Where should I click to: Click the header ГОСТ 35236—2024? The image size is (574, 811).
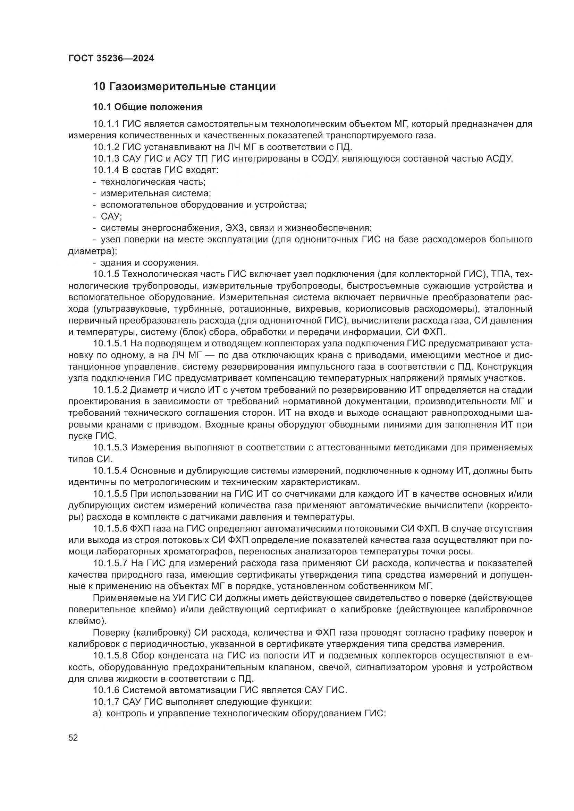coord(111,59)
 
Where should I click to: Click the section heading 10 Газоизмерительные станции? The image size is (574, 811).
coord(184,87)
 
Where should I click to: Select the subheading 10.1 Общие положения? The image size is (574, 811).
coord(147,107)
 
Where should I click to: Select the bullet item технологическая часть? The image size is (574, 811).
coord(153,182)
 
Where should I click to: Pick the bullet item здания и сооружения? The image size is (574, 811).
coord(150,263)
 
